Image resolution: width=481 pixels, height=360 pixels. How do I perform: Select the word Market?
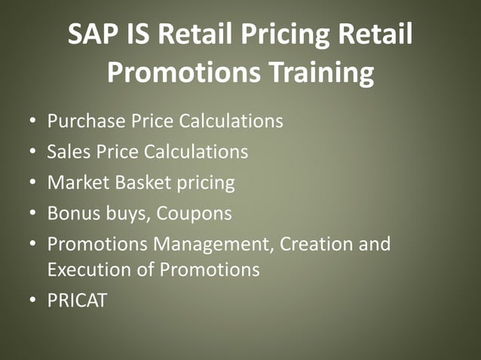point(74,182)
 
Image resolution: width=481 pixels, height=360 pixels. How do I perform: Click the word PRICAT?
point(77,301)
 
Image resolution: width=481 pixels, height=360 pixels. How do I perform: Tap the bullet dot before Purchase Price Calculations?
point(31,121)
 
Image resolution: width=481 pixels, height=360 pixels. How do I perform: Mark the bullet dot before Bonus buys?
point(31,214)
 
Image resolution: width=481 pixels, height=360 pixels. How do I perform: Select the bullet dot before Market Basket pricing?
point(31,183)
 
